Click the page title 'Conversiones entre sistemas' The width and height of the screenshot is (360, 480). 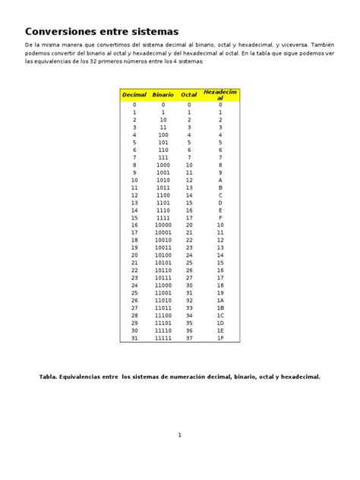click(x=102, y=32)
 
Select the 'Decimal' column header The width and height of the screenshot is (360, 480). click(x=134, y=95)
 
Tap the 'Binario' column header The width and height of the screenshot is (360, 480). click(x=163, y=95)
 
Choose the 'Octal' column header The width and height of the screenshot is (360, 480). click(x=189, y=95)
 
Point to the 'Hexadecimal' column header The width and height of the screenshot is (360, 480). click(x=219, y=94)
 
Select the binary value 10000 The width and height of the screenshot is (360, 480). click(x=163, y=225)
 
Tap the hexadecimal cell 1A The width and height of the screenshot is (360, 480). click(x=220, y=300)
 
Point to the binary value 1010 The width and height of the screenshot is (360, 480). click(x=163, y=180)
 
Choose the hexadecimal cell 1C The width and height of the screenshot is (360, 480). click(x=220, y=315)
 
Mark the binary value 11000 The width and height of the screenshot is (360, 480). click(x=163, y=285)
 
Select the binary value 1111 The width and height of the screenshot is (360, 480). click(x=163, y=217)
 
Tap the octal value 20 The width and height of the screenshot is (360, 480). click(x=189, y=225)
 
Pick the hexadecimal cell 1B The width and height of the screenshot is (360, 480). click(x=220, y=308)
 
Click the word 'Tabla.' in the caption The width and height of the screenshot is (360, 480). click(x=49, y=376)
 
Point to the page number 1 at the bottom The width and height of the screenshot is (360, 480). click(x=180, y=435)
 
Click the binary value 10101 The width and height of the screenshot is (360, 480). click(x=163, y=262)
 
